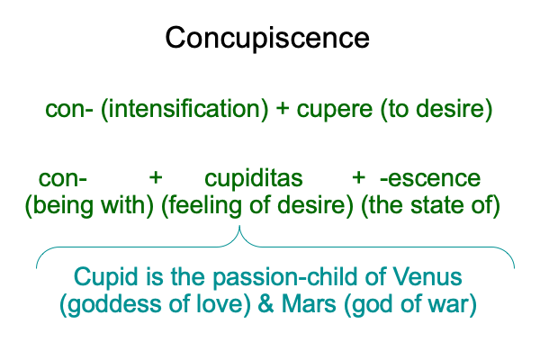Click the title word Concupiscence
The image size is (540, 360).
[267, 39]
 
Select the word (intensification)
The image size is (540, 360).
[184, 110]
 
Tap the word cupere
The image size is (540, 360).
[335, 111]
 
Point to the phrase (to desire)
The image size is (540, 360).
[436, 110]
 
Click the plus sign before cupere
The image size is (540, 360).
[283, 109]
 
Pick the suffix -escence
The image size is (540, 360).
[430, 178]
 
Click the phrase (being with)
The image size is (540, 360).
[89, 206]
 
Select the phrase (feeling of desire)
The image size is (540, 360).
[257, 206]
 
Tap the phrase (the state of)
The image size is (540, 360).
[430, 206]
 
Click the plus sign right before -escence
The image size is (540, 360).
[358, 178]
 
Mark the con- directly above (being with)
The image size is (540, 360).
[63, 179]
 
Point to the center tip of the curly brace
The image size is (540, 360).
[239, 226]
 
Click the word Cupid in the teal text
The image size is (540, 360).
[105, 278]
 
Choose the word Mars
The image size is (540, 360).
[309, 304]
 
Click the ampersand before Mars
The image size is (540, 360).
[265, 304]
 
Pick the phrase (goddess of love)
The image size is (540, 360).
[155, 305]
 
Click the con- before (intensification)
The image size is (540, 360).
[69, 110]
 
